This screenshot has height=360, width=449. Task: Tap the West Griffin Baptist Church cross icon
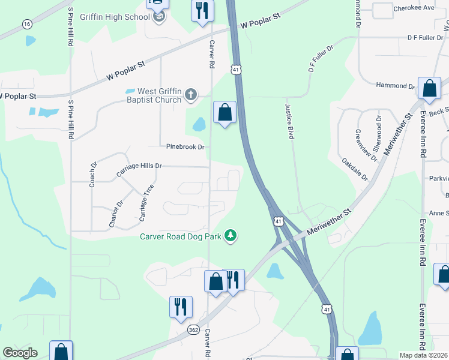point(191,94)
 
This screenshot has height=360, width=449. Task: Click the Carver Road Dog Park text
point(181,236)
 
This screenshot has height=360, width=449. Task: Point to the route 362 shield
point(193,330)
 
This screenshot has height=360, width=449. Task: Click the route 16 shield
point(27,24)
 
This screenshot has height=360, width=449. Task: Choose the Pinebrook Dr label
point(185,146)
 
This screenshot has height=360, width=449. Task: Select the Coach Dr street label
point(93,174)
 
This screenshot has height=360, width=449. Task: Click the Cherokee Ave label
point(414,8)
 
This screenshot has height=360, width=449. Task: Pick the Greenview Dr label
point(366,145)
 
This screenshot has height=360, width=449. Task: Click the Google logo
point(20,353)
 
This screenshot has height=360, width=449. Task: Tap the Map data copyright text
point(424,355)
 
